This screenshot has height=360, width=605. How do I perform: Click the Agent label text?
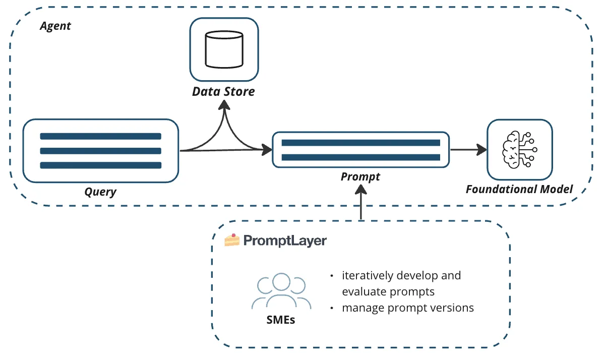click(55, 26)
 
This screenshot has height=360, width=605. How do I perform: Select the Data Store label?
click(223, 92)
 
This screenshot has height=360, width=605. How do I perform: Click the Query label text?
click(100, 192)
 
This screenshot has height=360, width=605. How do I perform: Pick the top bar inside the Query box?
click(100, 136)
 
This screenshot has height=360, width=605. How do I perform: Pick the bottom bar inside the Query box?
click(100, 165)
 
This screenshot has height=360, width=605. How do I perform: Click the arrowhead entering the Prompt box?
click(266, 149)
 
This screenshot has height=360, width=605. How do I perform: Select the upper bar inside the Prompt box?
click(360, 143)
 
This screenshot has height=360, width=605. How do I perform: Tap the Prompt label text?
click(360, 177)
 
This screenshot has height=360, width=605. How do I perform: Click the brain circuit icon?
click(519, 150)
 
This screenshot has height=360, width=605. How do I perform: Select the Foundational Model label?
click(519, 190)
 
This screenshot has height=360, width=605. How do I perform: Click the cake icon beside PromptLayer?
click(232, 240)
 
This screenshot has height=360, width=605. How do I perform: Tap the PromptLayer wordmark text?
click(285, 241)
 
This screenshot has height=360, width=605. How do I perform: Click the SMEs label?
click(280, 320)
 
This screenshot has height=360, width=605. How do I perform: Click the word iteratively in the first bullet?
click(367, 276)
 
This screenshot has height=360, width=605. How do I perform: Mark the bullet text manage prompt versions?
click(408, 308)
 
